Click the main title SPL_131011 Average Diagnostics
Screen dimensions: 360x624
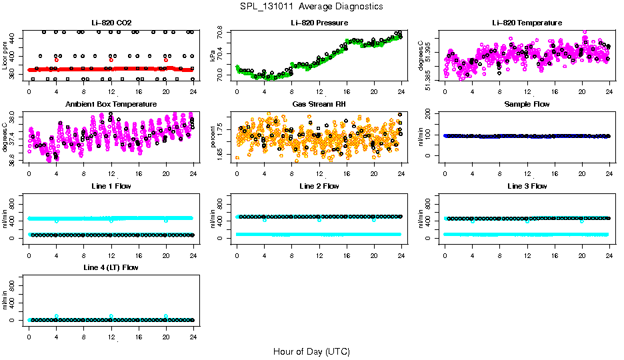click(x=312, y=6)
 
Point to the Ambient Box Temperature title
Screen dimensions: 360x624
click(x=111, y=104)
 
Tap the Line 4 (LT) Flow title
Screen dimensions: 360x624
click(x=111, y=267)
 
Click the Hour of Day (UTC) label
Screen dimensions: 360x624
click(x=311, y=351)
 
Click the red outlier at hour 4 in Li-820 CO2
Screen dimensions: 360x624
click(x=56, y=59)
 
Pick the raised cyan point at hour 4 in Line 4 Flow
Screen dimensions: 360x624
click(x=57, y=316)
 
